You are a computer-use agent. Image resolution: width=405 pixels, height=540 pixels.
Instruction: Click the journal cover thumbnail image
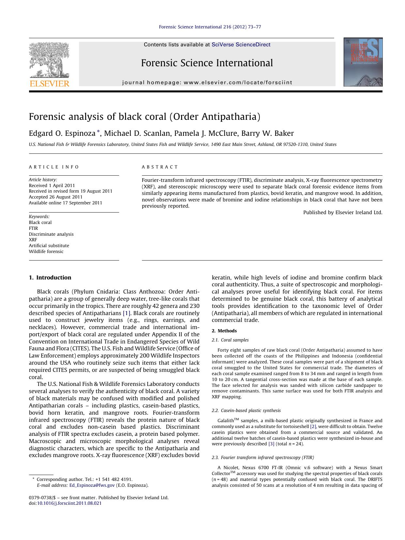click(363, 62)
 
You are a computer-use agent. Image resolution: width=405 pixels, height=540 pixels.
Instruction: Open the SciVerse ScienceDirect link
click(241, 45)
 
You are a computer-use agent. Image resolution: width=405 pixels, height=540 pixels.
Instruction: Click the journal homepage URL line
click(207, 83)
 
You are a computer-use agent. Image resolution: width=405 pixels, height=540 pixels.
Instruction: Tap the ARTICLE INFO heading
click(54, 167)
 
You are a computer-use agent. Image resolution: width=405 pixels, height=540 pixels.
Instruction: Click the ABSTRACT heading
click(160, 167)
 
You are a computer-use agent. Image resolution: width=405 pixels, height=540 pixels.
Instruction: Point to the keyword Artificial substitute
click(49, 246)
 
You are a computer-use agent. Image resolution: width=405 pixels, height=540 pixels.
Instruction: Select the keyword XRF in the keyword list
click(33, 240)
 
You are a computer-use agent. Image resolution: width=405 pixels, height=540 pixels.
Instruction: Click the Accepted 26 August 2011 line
click(55, 197)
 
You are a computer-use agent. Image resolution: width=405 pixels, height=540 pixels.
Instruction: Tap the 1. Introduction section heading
click(50, 278)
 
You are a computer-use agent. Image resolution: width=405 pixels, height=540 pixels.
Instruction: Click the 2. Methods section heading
click(224, 331)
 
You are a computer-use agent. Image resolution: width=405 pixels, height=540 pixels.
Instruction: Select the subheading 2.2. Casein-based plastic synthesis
click(246, 410)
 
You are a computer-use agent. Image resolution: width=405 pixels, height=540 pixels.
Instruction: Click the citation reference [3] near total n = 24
click(271, 444)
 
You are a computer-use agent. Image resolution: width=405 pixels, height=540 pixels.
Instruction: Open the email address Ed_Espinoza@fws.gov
click(92, 485)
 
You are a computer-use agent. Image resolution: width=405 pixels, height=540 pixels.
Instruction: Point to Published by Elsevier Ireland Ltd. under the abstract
click(343, 212)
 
